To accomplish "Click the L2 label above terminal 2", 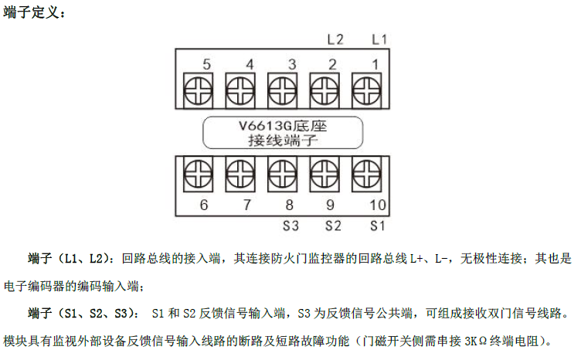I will [336, 39].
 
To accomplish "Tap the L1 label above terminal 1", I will [379, 39].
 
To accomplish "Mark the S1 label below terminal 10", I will [377, 226].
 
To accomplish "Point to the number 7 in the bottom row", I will [247, 205].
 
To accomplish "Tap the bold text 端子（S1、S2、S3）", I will [80, 314].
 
